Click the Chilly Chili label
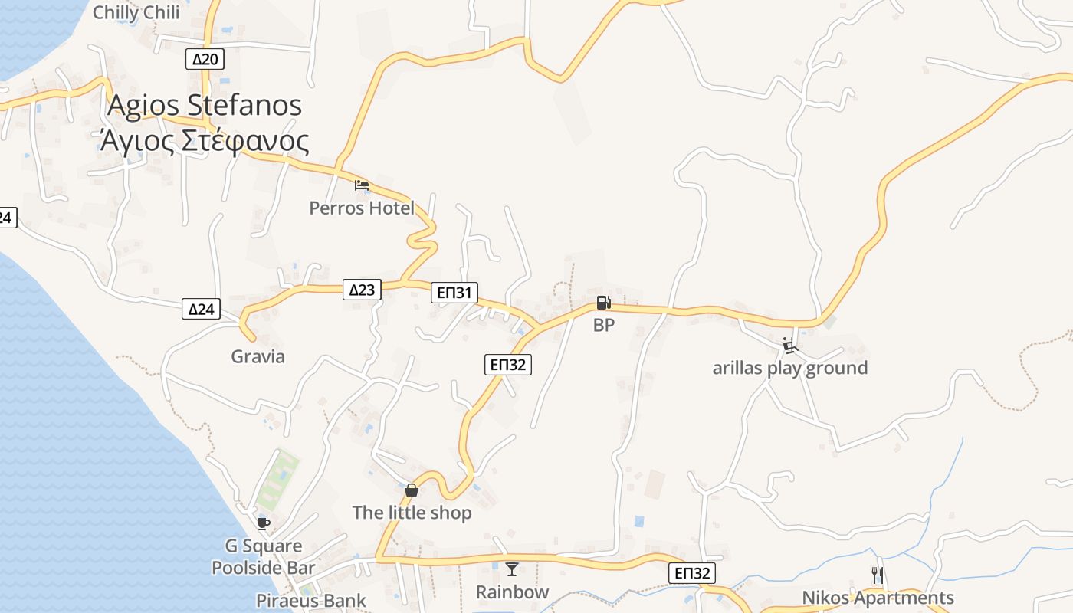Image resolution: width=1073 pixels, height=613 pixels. (136, 12)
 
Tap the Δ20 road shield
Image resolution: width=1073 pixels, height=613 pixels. (205, 59)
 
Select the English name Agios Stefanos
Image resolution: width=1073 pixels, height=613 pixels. (205, 105)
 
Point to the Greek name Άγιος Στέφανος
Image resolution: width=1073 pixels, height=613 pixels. (205, 141)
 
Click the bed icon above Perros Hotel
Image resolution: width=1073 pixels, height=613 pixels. (362, 185)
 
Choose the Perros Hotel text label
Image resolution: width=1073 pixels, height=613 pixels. (362, 208)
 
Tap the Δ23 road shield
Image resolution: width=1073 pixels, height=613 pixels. (362, 290)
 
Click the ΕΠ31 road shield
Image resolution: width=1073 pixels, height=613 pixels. (454, 292)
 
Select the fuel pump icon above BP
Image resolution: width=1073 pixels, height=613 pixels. (603, 303)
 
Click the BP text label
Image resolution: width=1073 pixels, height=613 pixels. (604, 325)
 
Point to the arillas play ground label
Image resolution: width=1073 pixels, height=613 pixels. (790, 368)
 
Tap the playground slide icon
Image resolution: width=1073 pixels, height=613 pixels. (790, 346)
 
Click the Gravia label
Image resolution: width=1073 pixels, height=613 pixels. (258, 356)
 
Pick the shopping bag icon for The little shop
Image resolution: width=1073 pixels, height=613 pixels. (412, 490)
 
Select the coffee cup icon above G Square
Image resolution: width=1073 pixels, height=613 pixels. (264, 523)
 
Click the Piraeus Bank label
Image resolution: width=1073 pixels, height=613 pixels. (311, 601)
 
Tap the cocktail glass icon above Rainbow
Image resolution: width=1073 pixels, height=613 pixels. (512, 569)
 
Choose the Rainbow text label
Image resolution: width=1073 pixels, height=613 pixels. (512, 592)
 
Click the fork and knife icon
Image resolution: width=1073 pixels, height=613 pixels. (878, 575)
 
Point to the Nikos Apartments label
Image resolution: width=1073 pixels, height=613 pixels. (878, 598)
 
